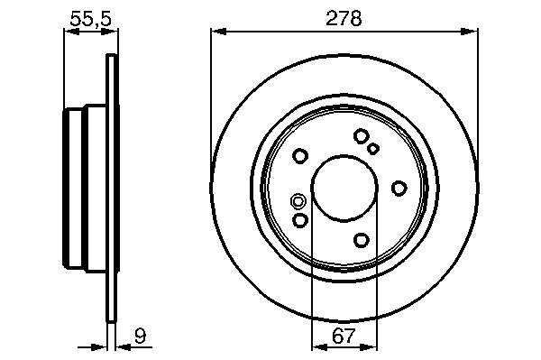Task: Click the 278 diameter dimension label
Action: coord(344,18)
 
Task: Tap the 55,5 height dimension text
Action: coord(91,19)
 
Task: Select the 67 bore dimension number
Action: coord(344,336)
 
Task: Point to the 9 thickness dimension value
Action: coord(140,336)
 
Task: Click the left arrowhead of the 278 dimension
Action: coord(218,32)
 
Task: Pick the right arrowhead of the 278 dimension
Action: coord(470,32)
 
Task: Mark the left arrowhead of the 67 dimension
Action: coord(319,346)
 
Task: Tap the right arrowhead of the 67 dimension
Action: coord(370,346)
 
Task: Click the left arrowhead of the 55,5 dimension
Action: coord(72,32)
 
